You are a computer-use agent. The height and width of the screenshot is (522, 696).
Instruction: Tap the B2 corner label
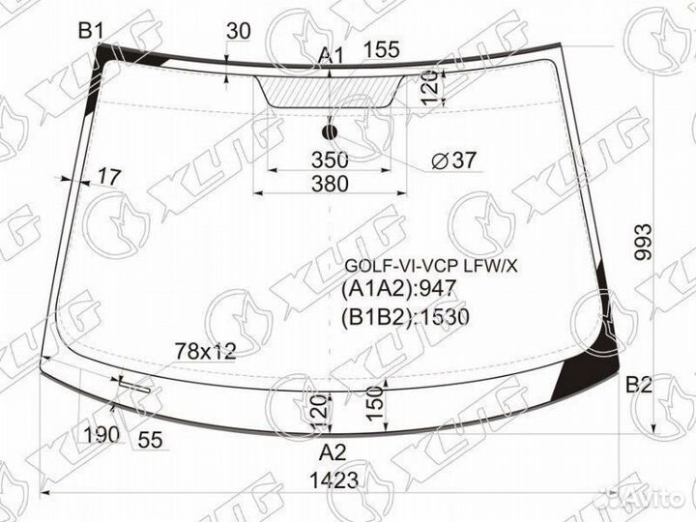[639, 385]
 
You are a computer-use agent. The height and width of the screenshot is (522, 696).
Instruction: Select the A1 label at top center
[331, 57]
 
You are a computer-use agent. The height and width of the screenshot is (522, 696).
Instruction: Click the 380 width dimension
[332, 185]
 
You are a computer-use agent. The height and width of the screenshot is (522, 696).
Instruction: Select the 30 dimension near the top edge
[238, 31]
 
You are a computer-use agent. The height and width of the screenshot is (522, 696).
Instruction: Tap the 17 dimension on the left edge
[109, 177]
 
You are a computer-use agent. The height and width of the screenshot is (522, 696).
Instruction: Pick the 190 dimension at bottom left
[101, 434]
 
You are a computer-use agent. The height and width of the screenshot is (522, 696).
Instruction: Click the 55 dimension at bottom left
[150, 440]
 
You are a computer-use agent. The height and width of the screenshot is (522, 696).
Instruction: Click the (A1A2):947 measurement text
[397, 289]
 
